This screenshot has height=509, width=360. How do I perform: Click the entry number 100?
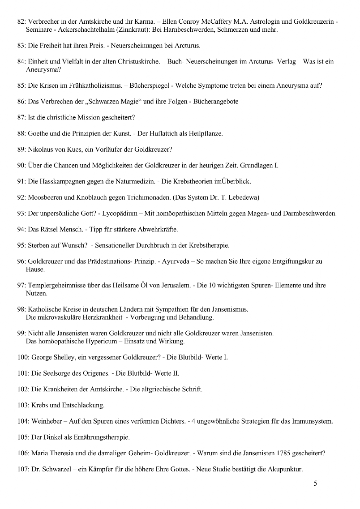click(23, 357)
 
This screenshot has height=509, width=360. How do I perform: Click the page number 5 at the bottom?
click(315, 483)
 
